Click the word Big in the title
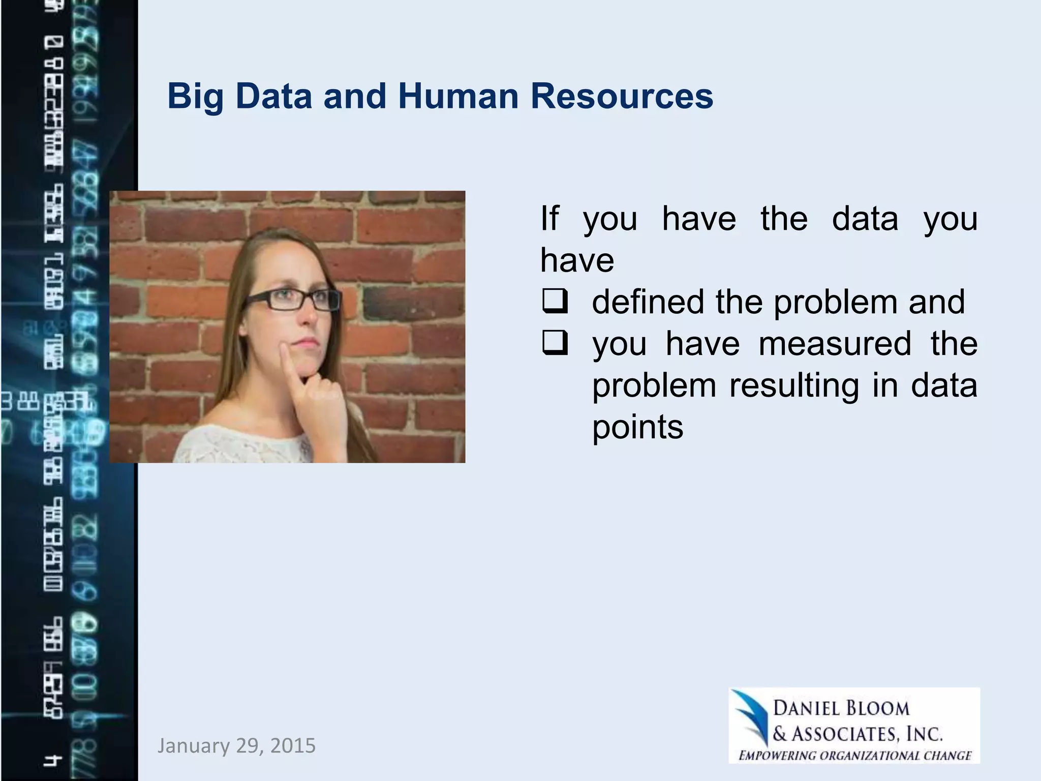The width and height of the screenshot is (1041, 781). (x=196, y=97)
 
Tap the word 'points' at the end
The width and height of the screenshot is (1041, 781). (x=637, y=427)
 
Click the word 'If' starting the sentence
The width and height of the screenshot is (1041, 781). (x=549, y=219)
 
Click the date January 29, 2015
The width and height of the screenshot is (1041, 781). (x=236, y=745)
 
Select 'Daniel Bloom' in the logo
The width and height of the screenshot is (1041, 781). (x=841, y=708)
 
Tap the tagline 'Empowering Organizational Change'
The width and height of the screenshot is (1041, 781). (x=854, y=755)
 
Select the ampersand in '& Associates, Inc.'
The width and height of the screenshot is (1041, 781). (x=780, y=734)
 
